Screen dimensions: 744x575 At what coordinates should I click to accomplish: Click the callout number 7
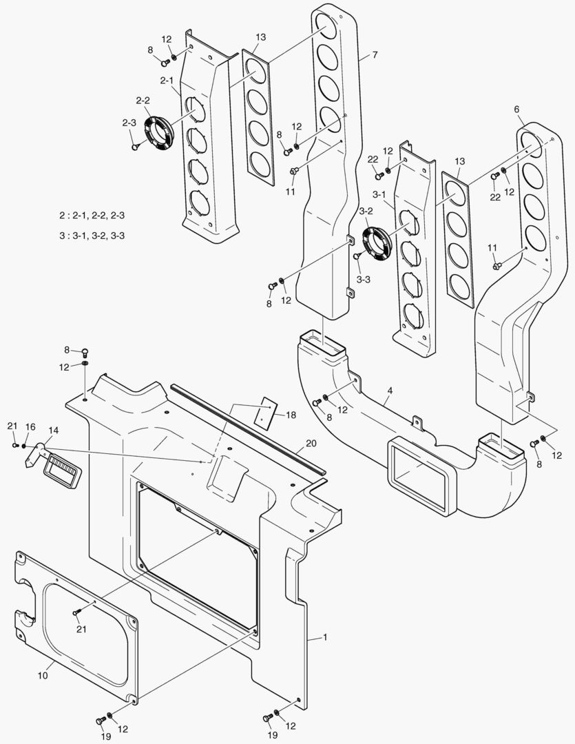[x=375, y=54]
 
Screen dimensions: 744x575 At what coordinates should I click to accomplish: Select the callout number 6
[x=516, y=109]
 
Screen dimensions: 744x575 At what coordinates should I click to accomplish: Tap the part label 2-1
[x=167, y=81]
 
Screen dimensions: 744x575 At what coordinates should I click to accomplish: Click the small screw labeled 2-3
[x=135, y=145]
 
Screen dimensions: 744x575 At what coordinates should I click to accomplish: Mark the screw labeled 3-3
[x=357, y=256]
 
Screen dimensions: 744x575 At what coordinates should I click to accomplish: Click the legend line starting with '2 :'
[x=92, y=216]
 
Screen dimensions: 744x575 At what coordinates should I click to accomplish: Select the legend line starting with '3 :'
[x=92, y=235]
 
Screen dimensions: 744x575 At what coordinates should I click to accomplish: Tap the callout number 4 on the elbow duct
[x=389, y=391]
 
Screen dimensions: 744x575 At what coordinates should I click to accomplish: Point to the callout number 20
[x=311, y=443]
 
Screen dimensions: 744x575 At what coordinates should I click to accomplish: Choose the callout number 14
[x=53, y=430]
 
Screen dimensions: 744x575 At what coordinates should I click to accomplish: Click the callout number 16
[x=30, y=427]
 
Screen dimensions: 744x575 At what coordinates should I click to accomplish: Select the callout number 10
[x=42, y=676]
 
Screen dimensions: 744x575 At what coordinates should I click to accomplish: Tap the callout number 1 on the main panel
[x=324, y=637]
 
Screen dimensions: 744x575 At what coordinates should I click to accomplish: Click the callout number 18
[x=291, y=415]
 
